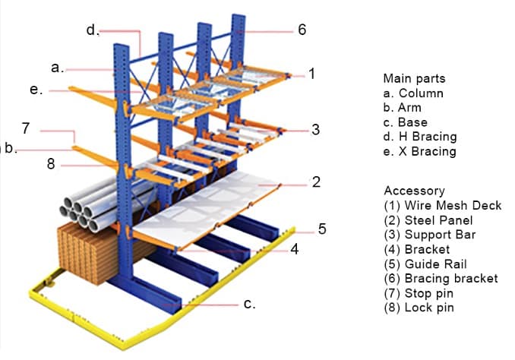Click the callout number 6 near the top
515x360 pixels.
coord(302,30)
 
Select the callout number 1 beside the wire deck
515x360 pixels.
coord(311,74)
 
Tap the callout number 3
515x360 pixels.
coord(315,129)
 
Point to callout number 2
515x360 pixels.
coord(315,182)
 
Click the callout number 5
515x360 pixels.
coord(322,229)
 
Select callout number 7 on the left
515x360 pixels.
coord(27,128)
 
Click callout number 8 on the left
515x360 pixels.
coord(51,164)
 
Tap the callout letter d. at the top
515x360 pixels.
coord(92,30)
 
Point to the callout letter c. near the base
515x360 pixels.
coord(249,304)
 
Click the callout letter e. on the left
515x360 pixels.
coord(35,90)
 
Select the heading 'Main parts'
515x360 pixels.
coord(414,78)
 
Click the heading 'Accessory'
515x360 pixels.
coord(414,191)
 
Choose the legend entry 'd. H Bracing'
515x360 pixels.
coord(420,137)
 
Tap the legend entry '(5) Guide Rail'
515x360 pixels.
coord(429,264)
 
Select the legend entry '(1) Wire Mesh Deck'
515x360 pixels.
coord(443,205)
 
